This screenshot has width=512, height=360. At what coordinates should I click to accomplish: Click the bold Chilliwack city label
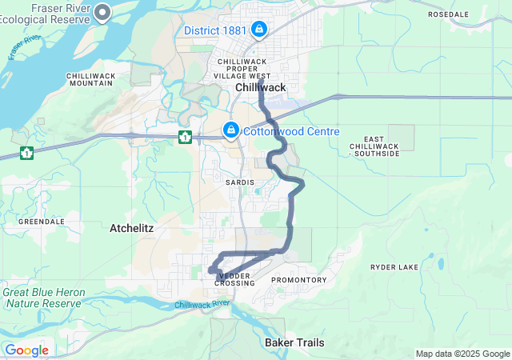pyautogui.click(x=261, y=87)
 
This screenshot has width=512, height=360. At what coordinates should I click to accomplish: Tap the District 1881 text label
pyautogui.click(x=215, y=31)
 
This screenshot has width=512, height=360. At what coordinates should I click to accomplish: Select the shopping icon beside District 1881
pyautogui.click(x=259, y=30)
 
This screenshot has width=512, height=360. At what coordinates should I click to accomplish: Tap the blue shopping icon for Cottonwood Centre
pyautogui.click(x=230, y=129)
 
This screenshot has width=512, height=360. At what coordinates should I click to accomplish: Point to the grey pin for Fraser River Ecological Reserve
pyautogui.click(x=102, y=13)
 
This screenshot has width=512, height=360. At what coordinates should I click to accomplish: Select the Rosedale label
pyautogui.click(x=470, y=14)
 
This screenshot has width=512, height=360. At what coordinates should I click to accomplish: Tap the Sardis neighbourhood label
pyautogui.click(x=240, y=182)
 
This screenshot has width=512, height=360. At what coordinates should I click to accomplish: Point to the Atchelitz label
pyautogui.click(x=131, y=229)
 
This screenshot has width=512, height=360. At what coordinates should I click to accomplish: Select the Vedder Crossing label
pyautogui.click(x=234, y=279)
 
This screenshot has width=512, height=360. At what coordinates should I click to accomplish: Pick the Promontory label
pyautogui.click(x=299, y=280)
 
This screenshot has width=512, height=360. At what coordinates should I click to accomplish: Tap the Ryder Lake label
pyautogui.click(x=395, y=266)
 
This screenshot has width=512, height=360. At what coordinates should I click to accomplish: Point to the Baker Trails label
pyautogui.click(x=294, y=342)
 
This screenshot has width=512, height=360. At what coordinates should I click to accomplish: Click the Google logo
pyautogui.click(x=26, y=350)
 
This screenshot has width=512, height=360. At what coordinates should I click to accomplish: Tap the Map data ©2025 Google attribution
pyautogui.click(x=462, y=354)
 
